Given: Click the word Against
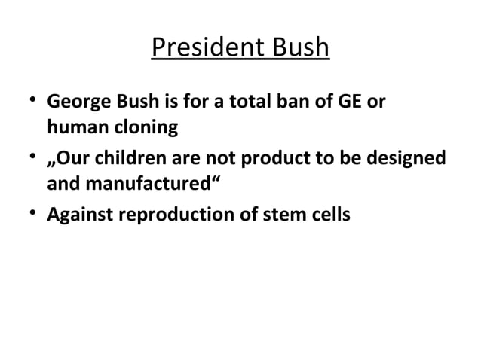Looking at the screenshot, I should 78,215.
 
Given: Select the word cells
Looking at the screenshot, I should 330,215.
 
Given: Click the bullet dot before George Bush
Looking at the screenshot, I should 29,100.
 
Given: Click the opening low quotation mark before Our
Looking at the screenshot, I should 51,164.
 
